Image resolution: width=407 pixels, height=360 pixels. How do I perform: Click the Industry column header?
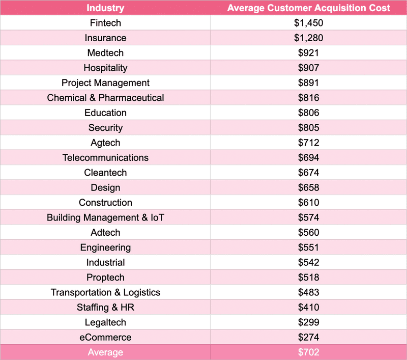tap(105, 8)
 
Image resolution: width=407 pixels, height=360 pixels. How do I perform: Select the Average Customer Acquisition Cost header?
tap(309, 8)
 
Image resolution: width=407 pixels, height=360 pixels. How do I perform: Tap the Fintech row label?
tap(105, 23)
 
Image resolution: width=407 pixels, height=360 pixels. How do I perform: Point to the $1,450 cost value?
tap(309, 23)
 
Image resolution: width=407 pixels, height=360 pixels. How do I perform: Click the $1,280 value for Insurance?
tap(309, 38)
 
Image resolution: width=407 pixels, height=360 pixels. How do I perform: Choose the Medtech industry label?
tap(105, 53)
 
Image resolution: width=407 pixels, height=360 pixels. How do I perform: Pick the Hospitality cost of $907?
tap(309, 68)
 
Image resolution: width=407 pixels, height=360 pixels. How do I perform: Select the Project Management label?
tap(105, 83)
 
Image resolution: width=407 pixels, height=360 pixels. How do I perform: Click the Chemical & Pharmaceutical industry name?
tap(105, 98)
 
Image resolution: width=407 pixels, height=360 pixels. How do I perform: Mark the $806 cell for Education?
tap(309, 113)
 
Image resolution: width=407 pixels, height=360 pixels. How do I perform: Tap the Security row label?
tap(105, 128)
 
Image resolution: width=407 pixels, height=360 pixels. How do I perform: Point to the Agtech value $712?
tap(309, 143)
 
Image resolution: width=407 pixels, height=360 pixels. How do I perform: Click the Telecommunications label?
tap(105, 158)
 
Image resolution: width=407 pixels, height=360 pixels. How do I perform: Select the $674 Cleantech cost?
tap(309, 173)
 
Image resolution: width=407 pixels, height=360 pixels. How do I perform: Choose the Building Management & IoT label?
tap(105, 217)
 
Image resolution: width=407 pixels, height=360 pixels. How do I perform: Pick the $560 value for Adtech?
tap(309, 233)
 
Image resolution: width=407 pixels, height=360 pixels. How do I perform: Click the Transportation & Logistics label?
tap(105, 292)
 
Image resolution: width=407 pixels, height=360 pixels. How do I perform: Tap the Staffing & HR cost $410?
tap(309, 308)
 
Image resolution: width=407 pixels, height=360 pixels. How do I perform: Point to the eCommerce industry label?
tap(105, 337)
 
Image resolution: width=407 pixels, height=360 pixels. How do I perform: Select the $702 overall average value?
tap(309, 352)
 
